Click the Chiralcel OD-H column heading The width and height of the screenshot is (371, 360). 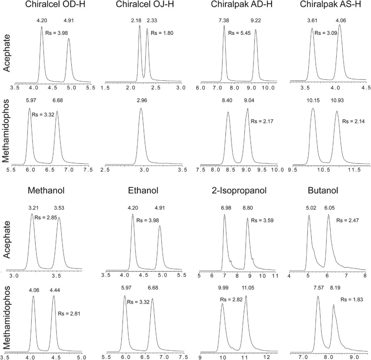pos(55,4)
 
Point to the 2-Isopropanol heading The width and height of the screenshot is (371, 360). pos(239,191)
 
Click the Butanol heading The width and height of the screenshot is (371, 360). pos(323,191)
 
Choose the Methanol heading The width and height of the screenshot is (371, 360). pos(46,191)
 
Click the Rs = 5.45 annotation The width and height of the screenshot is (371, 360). pos(239,33)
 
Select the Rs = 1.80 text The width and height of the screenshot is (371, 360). pos(162,33)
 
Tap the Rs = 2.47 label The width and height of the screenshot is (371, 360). pos(347,220)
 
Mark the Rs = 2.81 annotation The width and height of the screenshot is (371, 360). pos(69,314)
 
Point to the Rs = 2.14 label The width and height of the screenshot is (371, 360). pos(353,121)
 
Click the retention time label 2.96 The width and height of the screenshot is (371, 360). pos(142,101)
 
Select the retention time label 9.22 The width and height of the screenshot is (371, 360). pos(256,21)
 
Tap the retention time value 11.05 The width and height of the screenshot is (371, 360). pos(248,288)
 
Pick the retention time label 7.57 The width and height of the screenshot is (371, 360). pos(318,288)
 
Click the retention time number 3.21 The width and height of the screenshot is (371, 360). pos(34,208)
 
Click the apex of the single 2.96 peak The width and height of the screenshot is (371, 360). pos(141,109)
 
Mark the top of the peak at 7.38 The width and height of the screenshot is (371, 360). pos(224,26)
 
